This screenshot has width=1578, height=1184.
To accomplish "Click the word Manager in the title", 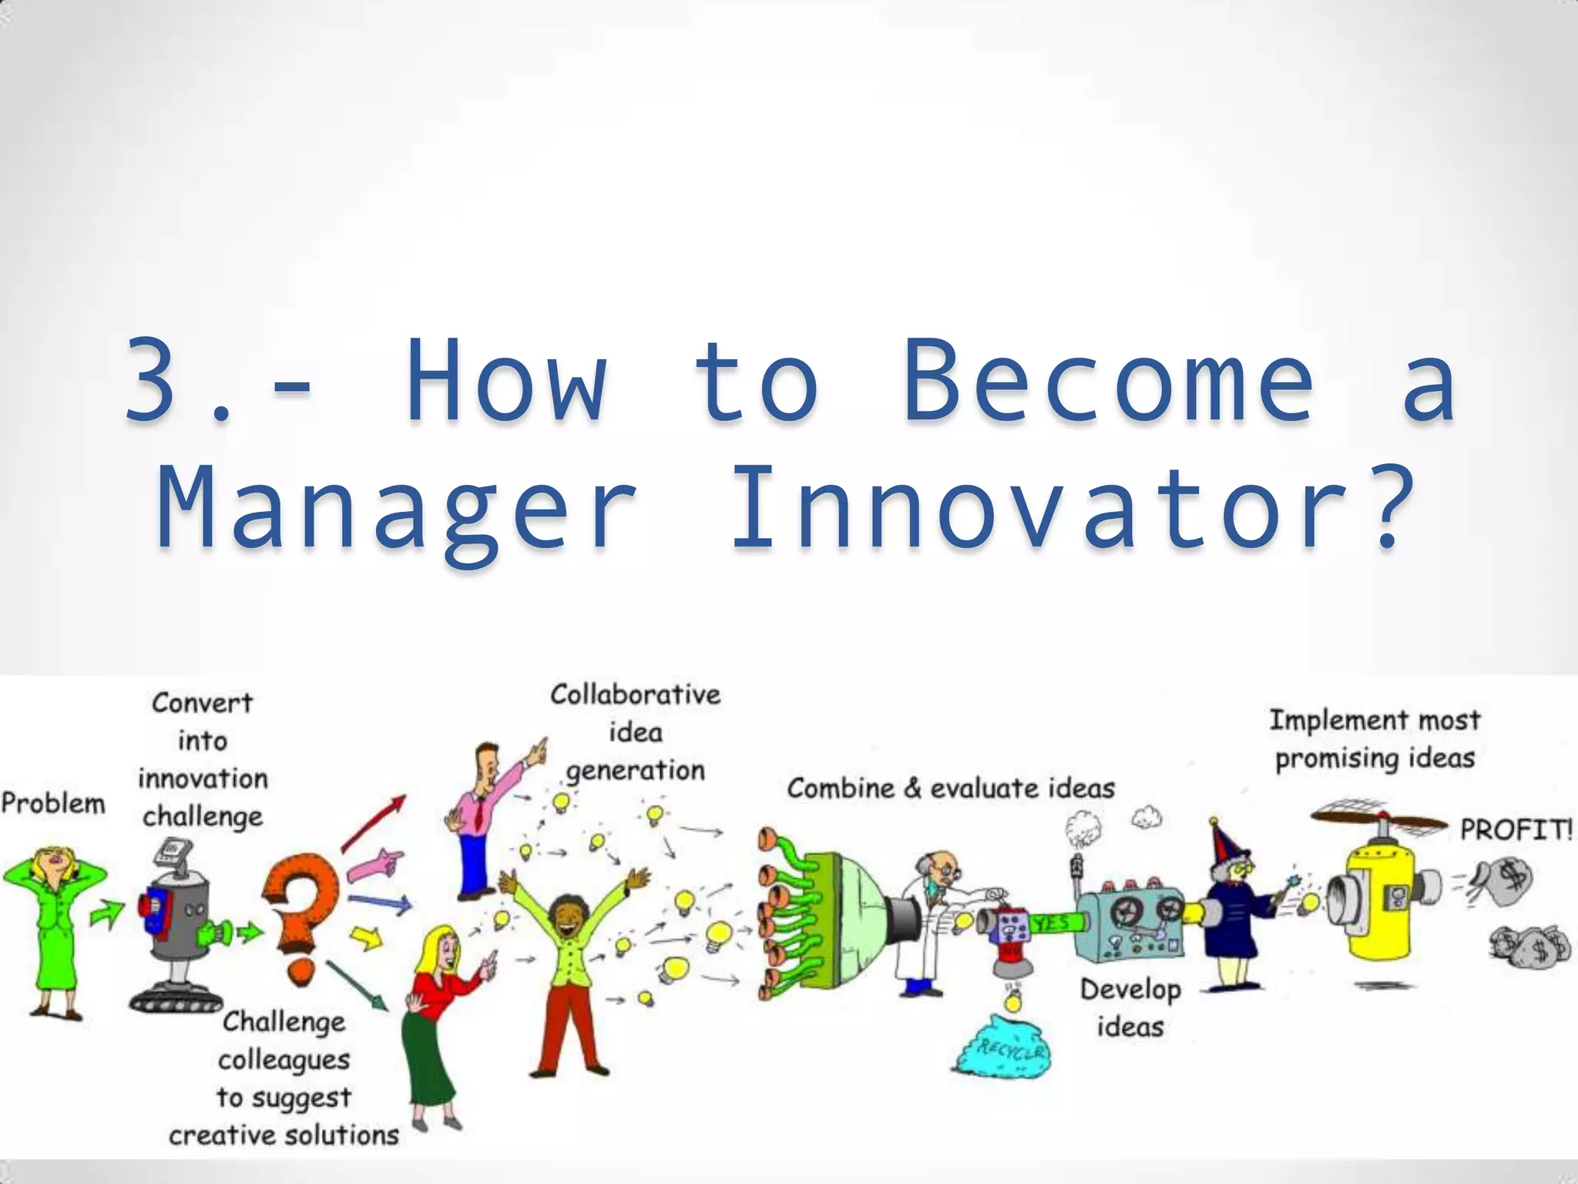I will (x=397, y=508).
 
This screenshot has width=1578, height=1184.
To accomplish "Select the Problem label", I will (x=53, y=803).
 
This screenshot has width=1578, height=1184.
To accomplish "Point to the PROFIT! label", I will (x=1515, y=830).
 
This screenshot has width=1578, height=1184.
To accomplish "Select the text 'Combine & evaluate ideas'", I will (x=951, y=789).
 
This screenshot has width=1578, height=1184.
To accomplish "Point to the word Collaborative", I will (x=636, y=695).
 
